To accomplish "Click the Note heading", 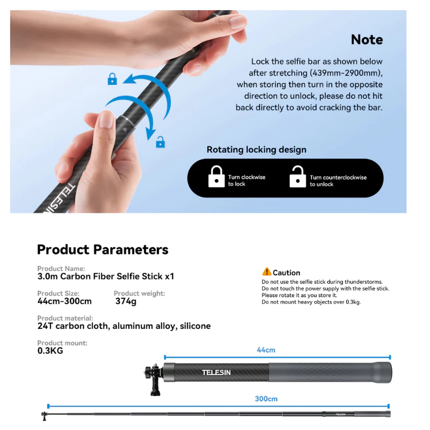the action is point(367,39).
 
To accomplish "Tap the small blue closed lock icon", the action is point(112,79).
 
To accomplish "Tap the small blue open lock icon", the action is point(160,142).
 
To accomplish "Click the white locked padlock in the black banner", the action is point(217,177).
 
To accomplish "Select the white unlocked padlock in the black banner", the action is point(298,177).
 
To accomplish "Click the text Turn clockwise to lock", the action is point(247,181).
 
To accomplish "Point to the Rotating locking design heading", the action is point(256,150).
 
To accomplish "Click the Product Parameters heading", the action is point(103,249).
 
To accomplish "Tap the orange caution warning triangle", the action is point(267,271).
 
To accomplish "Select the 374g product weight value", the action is point(126,302).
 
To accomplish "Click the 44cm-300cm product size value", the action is point(64,301).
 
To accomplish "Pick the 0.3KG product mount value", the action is point(50,351).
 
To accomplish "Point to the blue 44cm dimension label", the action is point(266,350).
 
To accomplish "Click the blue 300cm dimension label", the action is point(266,399).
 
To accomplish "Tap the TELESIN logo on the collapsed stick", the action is point(217,372).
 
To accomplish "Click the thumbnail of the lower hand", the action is point(105,119).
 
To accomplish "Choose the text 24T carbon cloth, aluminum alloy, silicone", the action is point(124,326).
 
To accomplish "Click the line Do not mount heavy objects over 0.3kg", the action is point(311,302).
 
